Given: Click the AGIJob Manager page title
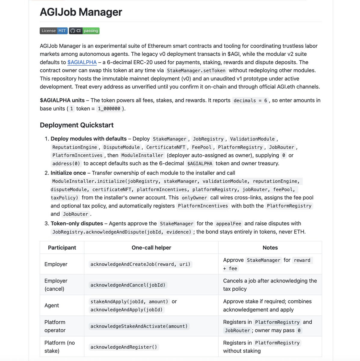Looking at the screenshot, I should click(81, 12).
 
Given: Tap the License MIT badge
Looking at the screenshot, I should click(54, 31).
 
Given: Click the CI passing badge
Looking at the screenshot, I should click(84, 31).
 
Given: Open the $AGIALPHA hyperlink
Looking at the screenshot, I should click(82, 62).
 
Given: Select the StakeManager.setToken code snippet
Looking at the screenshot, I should click(196, 71).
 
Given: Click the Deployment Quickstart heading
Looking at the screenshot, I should click(77, 125).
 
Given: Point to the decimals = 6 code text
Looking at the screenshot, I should click(250, 100).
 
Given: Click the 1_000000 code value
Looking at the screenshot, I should click(109, 109).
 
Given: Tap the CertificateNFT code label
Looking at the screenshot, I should click(166, 147).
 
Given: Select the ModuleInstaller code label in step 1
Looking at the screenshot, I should click(142, 156).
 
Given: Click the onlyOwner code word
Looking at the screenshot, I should click(194, 198).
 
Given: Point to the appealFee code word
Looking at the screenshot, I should click(229, 224).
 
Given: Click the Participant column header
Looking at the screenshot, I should click(62, 248).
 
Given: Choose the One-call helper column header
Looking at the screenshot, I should click(151, 248).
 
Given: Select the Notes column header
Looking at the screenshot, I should click(270, 248).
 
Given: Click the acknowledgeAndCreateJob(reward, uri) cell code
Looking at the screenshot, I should click(140, 264).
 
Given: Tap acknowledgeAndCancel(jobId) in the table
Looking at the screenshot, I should click(128, 285).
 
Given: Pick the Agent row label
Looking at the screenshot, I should click(52, 305).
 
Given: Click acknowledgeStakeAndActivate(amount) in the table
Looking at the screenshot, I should click(139, 326).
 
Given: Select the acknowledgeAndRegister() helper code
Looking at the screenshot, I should click(124, 347).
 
